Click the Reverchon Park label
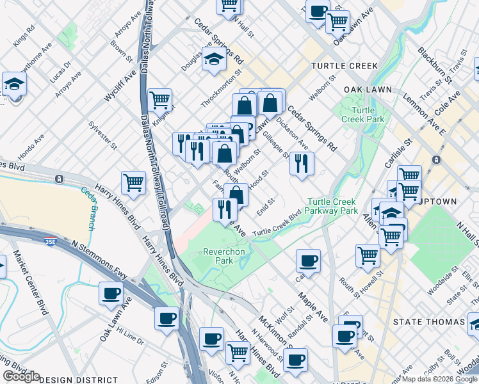(224, 257)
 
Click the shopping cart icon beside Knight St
(159, 100)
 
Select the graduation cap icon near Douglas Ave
(215, 58)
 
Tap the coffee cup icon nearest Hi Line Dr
(111, 294)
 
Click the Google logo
(21, 376)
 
